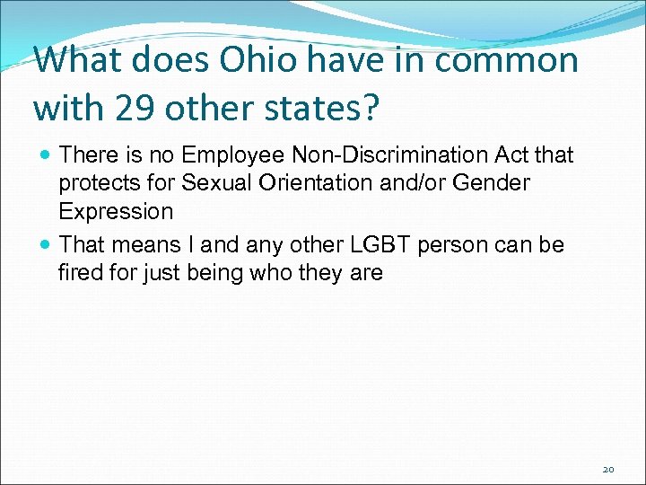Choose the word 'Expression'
116,212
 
